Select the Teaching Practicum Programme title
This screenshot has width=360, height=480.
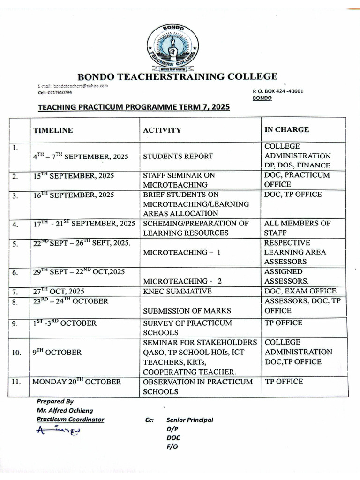pos(134,107)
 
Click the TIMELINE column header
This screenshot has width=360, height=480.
pos(52,130)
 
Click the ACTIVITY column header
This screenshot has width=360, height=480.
pos(162,130)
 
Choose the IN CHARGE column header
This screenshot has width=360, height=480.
pos(286,129)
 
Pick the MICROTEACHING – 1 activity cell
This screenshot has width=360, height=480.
pos(182,252)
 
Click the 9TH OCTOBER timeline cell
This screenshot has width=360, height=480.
pos(57,352)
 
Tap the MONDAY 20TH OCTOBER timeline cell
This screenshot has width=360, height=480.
pos(76,382)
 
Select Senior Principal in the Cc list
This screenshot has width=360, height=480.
pos(189,420)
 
